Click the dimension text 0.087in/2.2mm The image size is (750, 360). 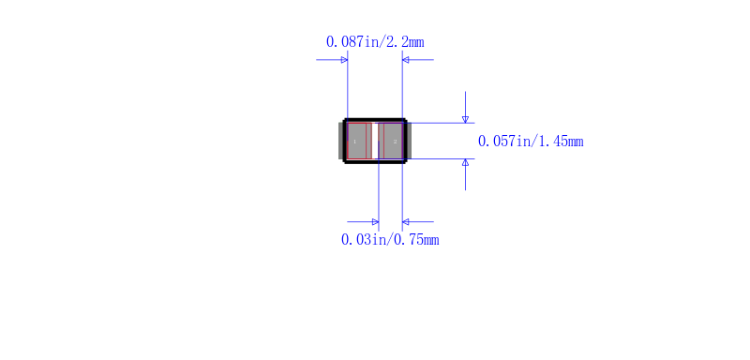[375, 42]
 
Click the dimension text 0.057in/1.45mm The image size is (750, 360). [531, 142]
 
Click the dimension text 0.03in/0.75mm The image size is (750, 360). [390, 239]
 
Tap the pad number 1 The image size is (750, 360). [355, 142]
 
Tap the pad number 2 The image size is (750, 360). [395, 142]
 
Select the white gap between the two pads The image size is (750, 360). [375, 141]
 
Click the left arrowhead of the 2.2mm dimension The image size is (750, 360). [344, 60]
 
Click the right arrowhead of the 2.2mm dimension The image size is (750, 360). [406, 60]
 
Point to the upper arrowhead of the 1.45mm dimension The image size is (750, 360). [465, 119]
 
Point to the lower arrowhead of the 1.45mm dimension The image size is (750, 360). [465, 162]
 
